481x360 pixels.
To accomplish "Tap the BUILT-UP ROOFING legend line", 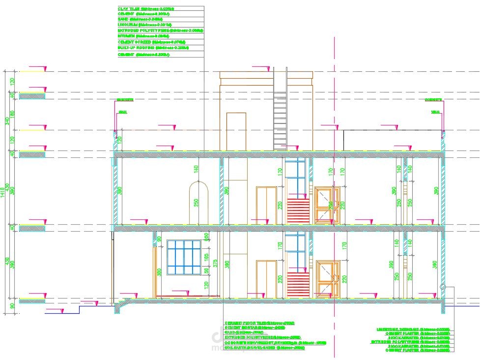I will (x=146, y=48).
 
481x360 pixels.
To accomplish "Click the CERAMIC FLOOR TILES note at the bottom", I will (x=259, y=323).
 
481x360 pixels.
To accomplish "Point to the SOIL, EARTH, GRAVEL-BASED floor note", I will (x=264, y=348).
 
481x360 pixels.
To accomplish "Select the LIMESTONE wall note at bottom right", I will (x=413, y=330).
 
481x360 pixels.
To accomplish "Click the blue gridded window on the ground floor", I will (x=185, y=257).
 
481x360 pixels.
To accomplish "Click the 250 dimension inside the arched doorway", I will (x=196, y=203).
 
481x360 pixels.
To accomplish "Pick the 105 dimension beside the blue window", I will (x=207, y=256).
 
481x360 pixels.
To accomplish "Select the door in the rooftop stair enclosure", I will (x=236, y=131).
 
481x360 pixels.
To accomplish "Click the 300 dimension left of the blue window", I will (x=159, y=272).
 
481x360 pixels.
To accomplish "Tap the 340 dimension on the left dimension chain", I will (x=7, y=121).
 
